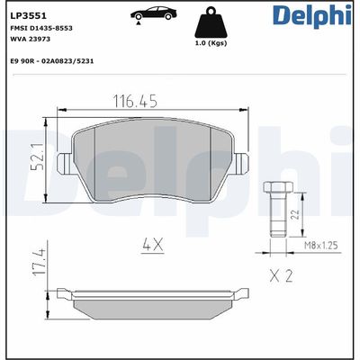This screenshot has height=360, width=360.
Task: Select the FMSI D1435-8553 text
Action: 40,29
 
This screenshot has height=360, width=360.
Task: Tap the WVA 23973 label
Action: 30,40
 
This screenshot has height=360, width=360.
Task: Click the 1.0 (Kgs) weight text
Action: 214,42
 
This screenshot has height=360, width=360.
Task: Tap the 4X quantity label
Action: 151,243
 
